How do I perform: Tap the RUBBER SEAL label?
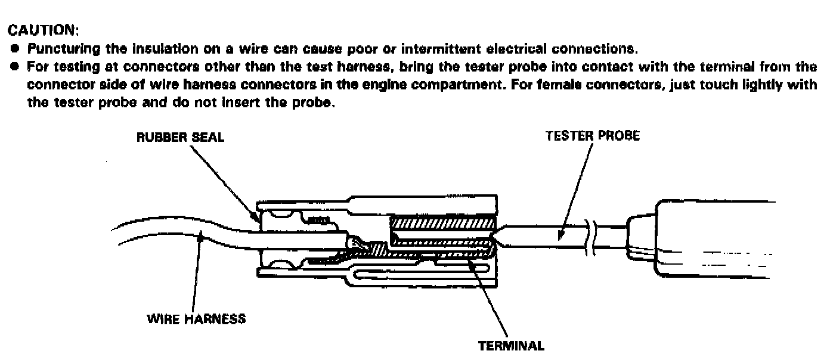[181, 137]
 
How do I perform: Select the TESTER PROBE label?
[593, 136]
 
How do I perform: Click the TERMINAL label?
[511, 345]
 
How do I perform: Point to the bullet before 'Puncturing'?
[13, 48]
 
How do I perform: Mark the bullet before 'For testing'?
[13, 66]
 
